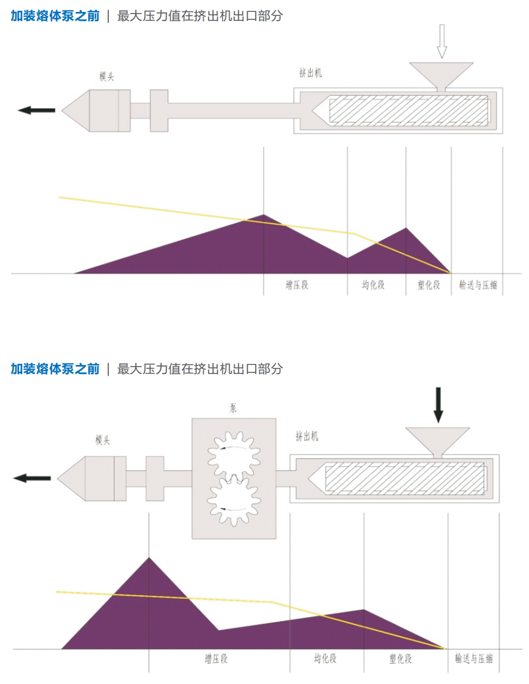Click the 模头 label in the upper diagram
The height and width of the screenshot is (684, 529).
tap(107, 77)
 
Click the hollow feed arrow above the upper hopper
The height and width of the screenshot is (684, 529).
tap(442, 41)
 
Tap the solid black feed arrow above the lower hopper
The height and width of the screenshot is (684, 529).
tap(438, 404)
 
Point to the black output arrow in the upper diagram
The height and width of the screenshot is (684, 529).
tap(37, 110)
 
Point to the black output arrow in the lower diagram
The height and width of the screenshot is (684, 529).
tap(32, 478)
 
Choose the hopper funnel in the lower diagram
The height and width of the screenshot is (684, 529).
tap(438, 440)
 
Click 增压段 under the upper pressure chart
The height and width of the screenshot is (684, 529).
tap(297, 285)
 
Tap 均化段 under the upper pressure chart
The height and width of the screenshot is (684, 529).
tap(373, 285)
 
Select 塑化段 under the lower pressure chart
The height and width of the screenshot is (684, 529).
tap(400, 659)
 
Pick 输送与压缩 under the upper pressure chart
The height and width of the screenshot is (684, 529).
tap(478, 285)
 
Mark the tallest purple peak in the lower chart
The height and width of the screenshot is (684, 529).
tap(149, 560)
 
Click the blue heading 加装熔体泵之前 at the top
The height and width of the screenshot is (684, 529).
tap(55, 16)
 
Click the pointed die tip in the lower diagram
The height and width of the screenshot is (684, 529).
tap(63, 478)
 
